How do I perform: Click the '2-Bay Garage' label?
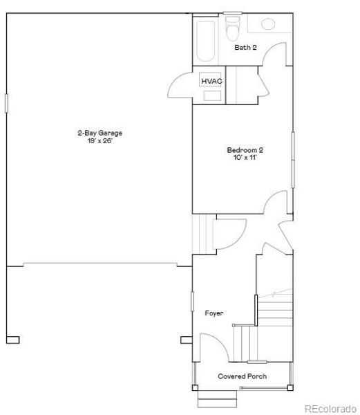click(95, 133)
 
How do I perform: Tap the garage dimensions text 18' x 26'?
click(95, 140)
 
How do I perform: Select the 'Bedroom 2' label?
click(245, 150)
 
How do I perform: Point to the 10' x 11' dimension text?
click(245, 158)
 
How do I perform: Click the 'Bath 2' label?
click(245, 48)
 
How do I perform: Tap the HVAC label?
click(211, 82)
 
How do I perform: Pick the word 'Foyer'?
click(214, 313)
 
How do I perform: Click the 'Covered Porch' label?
click(243, 376)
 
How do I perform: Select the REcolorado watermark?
click(331, 407)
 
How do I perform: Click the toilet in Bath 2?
click(233, 28)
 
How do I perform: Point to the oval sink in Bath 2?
click(267, 24)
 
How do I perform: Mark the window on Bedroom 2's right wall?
click(292, 159)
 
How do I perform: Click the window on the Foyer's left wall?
click(192, 302)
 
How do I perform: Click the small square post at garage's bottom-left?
click(12, 340)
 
